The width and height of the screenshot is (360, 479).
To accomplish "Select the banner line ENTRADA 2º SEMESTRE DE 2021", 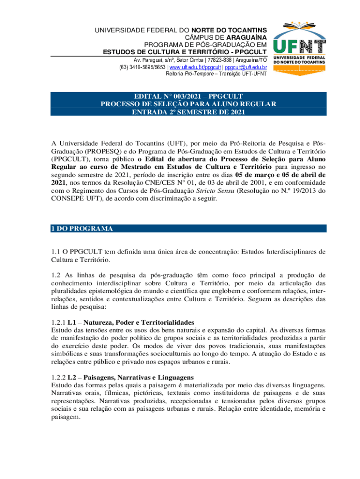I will tap(188, 112).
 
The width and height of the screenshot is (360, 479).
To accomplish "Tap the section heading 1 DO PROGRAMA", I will tap(82, 229).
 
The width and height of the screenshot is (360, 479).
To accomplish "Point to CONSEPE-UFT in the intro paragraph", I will tap(72, 198).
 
